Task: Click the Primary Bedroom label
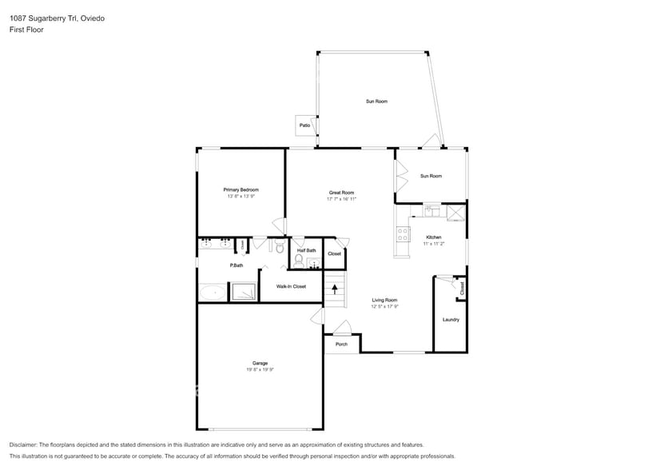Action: click(241, 189)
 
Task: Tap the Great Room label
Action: click(341, 193)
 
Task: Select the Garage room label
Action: click(260, 364)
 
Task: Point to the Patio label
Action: click(304, 125)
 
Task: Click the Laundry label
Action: click(451, 320)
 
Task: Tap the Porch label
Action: click(341, 345)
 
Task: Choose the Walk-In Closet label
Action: click(291, 286)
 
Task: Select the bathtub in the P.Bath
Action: click(213, 293)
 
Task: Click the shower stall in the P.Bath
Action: click(244, 293)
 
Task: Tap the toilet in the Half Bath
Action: click(299, 261)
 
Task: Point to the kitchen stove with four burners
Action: click(404, 233)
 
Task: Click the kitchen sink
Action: click(431, 212)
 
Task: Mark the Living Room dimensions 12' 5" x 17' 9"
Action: click(384, 306)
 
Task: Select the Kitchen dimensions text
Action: click(433, 243)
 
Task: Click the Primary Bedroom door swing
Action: click(279, 226)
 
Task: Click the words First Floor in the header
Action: click(26, 30)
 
